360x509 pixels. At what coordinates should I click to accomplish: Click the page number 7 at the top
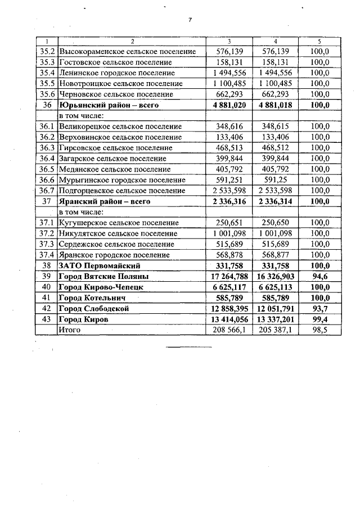pyautogui.click(x=190, y=20)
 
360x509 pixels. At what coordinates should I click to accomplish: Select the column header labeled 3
pyautogui.click(x=229, y=41)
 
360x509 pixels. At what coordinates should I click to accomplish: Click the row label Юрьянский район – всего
pyautogui.click(x=109, y=105)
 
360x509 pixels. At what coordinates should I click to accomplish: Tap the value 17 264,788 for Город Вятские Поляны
pyautogui.click(x=229, y=276)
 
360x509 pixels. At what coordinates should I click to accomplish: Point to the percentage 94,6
pyautogui.click(x=319, y=276)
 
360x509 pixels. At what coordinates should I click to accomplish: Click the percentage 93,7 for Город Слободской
pyautogui.click(x=319, y=308)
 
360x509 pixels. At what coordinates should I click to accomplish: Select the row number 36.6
pyautogui.click(x=46, y=180)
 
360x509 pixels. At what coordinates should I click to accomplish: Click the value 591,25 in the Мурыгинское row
pyautogui.click(x=275, y=180)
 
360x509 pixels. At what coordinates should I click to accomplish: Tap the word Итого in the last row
pyautogui.click(x=70, y=330)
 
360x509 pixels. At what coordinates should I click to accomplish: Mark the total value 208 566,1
pyautogui.click(x=229, y=330)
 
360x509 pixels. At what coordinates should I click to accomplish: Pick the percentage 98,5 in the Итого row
pyautogui.click(x=319, y=330)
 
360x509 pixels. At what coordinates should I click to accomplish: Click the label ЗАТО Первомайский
pyautogui.click(x=100, y=265)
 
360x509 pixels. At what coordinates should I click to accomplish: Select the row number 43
pyautogui.click(x=46, y=319)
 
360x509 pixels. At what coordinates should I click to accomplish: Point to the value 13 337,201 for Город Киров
pyautogui.click(x=275, y=319)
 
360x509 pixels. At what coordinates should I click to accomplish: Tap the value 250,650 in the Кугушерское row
pyautogui.click(x=275, y=223)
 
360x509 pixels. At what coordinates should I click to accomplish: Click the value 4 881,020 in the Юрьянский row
pyautogui.click(x=229, y=105)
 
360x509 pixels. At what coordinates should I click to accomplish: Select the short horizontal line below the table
pyautogui.click(x=188, y=347)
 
